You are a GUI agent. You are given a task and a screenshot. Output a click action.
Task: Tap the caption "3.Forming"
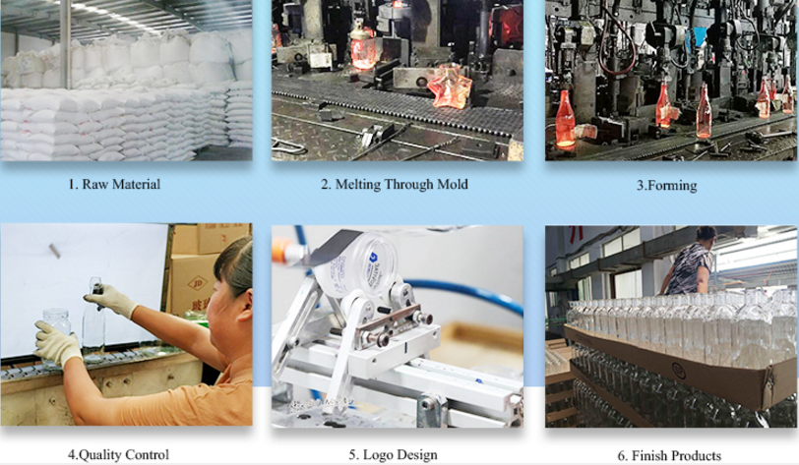click(669, 185)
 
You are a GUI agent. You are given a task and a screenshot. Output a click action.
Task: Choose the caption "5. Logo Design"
click(395, 454)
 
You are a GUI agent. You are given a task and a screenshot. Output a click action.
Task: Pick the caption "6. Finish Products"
click(669, 455)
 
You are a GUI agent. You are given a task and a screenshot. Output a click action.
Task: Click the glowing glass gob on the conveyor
click(449, 87)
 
